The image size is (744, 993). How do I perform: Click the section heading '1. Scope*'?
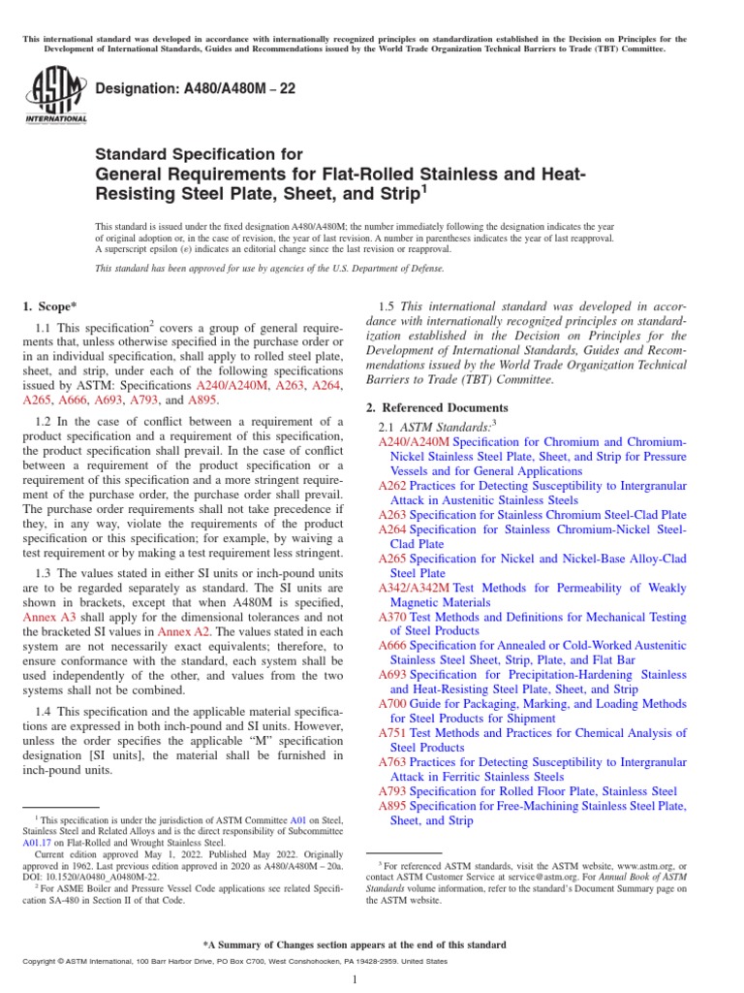point(49,306)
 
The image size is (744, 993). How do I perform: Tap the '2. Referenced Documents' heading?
point(436,407)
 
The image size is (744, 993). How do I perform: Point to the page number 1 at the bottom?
point(356,979)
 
